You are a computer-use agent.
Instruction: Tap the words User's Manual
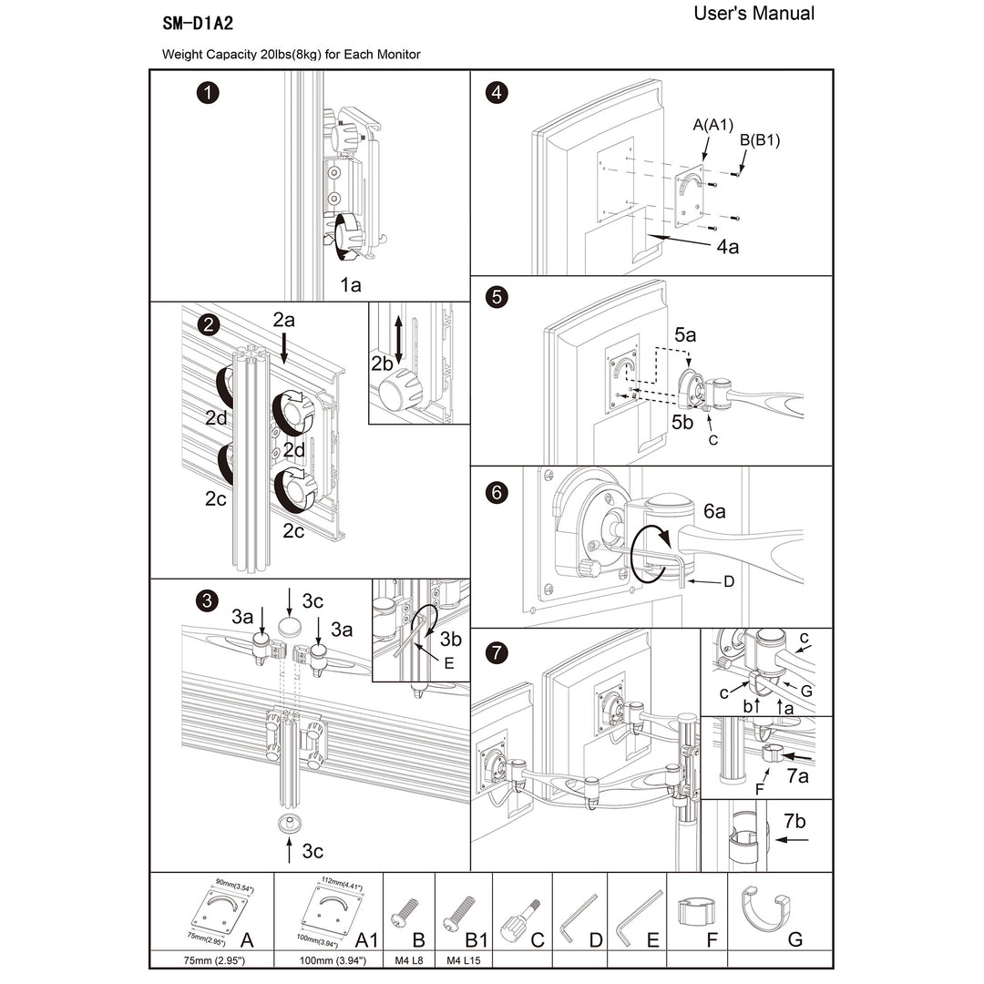(x=753, y=14)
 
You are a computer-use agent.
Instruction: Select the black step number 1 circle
(x=210, y=92)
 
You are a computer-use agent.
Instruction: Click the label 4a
(x=726, y=246)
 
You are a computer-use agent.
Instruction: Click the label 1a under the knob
(x=351, y=285)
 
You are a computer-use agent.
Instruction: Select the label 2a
(x=284, y=320)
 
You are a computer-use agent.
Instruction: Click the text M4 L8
(x=409, y=960)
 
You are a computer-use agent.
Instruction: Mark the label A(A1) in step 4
(x=712, y=125)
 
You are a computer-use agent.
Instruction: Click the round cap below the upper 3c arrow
(x=290, y=627)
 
